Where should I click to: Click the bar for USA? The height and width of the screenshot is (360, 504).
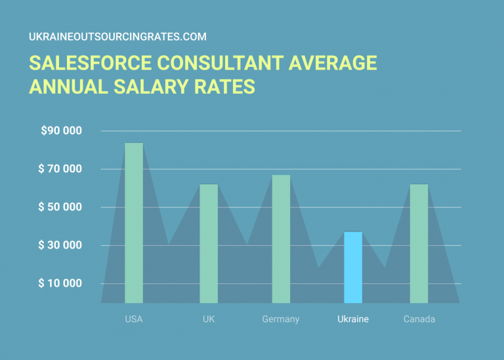coord(134,223)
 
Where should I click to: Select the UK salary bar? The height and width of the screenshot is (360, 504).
coord(209,243)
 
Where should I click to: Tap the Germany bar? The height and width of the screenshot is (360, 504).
coord(281,239)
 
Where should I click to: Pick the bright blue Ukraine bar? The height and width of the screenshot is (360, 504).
coord(353,268)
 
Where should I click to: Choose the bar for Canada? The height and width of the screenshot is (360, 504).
coord(419,243)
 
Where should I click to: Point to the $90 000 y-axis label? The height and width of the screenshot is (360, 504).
coord(61,130)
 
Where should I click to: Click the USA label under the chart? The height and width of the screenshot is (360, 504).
coord(134,319)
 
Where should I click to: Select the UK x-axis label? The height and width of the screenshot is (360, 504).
coord(209,319)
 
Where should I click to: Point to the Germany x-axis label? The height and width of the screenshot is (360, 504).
coord(281,319)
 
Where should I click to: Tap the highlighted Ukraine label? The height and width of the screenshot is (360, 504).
coord(353,319)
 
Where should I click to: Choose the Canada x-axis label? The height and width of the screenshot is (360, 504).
coord(419,319)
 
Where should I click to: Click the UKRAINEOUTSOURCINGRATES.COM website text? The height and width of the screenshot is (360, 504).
coord(117,37)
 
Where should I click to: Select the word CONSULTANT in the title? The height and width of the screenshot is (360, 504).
coord(217,64)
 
